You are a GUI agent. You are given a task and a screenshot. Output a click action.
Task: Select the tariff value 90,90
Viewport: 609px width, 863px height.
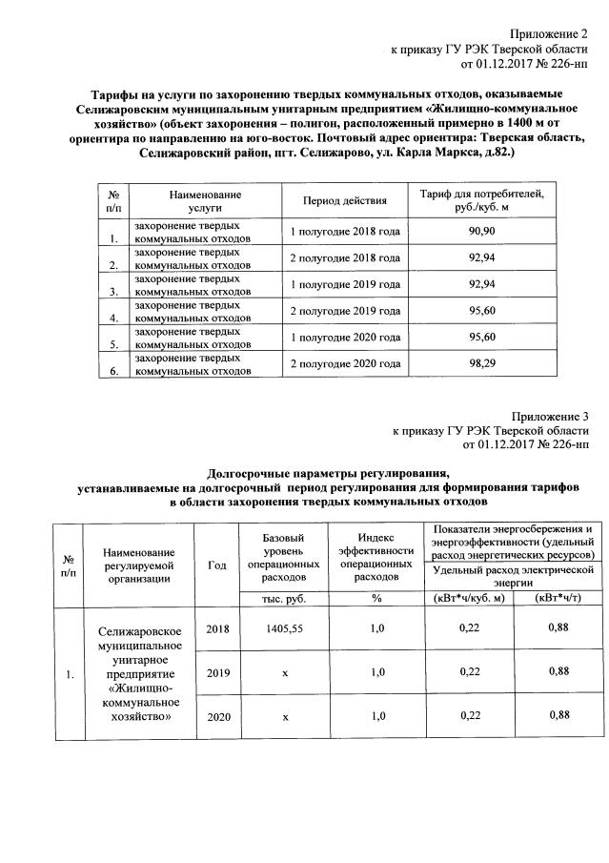point(483,232)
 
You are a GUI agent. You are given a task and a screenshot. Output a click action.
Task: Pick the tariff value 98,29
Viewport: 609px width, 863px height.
point(483,364)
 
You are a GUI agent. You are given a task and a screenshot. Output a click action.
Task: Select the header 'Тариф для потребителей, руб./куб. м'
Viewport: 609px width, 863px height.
point(483,200)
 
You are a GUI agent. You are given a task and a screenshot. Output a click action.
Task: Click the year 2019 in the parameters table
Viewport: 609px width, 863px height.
point(217,672)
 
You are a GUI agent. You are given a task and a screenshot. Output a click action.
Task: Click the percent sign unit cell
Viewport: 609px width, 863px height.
point(376,598)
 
